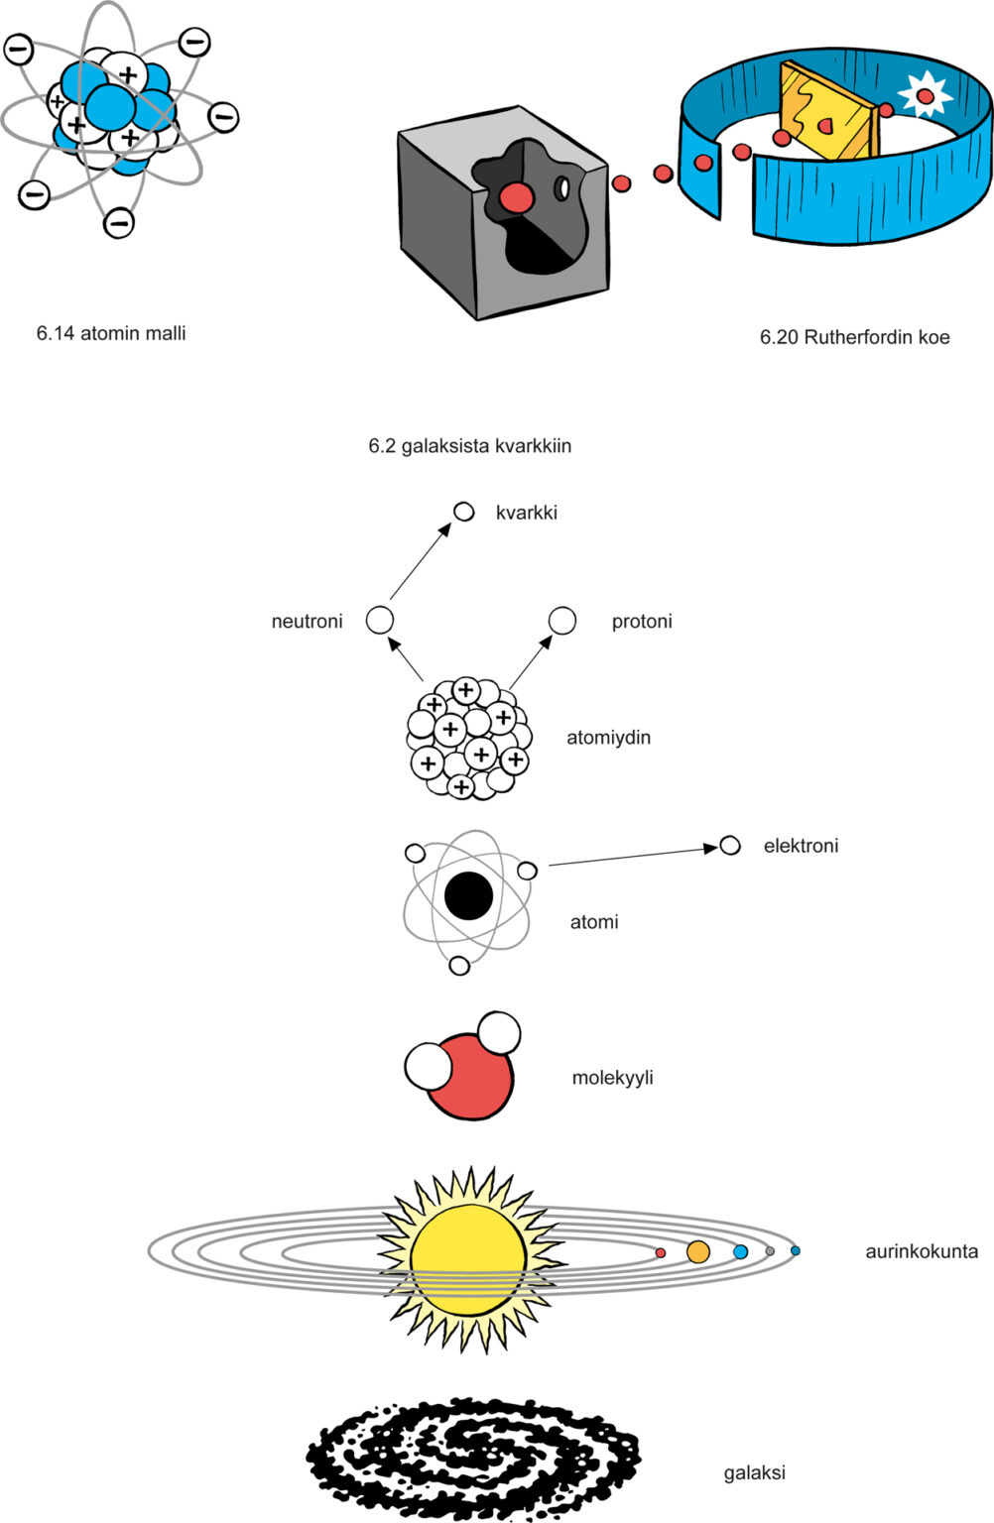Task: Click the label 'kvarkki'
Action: [x=526, y=513]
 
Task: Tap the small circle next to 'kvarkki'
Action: [x=463, y=511]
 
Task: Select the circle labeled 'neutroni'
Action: [x=380, y=621]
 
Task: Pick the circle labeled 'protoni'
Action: [x=562, y=621]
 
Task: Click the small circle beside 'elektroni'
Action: [x=730, y=846]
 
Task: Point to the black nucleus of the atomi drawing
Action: [x=468, y=896]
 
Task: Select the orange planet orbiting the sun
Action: [x=698, y=1251]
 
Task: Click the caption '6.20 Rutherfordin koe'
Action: [x=854, y=337]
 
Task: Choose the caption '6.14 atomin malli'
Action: [x=111, y=333]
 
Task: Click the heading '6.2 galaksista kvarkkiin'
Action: [x=469, y=446]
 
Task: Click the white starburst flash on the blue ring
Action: [x=925, y=96]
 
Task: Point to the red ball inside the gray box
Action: [x=516, y=197]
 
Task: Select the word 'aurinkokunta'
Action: [x=921, y=1251]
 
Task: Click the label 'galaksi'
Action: [x=754, y=1472]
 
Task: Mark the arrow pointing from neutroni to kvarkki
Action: [x=421, y=561]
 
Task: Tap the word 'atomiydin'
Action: [x=608, y=738]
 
